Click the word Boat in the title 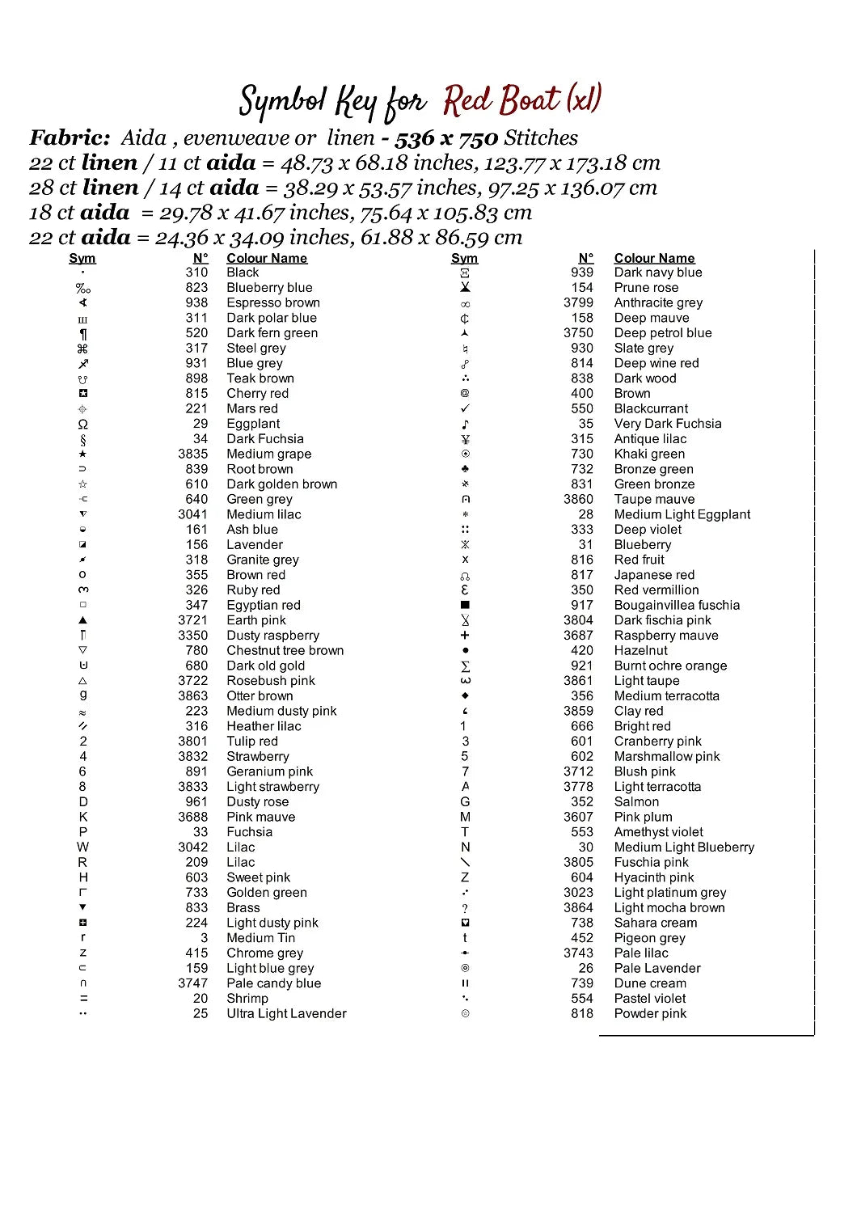point(530,100)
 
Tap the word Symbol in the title point(282,102)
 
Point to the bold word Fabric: point(70,137)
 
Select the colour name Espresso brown point(273,302)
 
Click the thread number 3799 point(578,302)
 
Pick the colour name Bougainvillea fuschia point(677,605)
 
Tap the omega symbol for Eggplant point(82,424)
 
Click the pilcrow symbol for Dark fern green point(82,333)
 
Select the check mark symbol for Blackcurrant point(465,408)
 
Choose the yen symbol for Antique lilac point(465,439)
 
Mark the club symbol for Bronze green point(465,469)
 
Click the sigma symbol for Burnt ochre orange point(465,666)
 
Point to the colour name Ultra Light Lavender point(286,1013)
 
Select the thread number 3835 point(193,454)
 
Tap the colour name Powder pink point(650,1013)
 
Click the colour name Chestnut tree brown point(285,650)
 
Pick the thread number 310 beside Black point(196,273)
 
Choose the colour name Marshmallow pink point(667,756)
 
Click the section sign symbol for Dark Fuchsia point(82,439)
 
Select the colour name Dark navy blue point(658,273)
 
